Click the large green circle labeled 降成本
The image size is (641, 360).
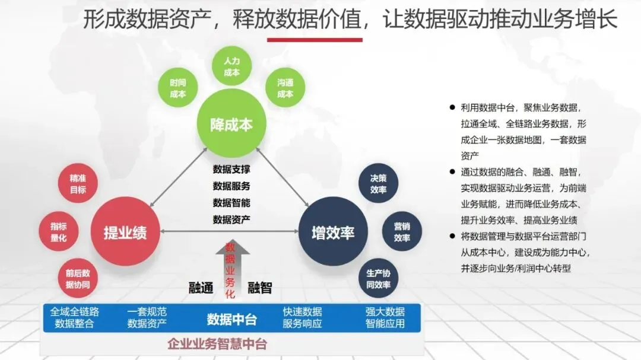(231, 124)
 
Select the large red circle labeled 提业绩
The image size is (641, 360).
(125, 232)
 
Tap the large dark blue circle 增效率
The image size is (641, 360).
(333, 232)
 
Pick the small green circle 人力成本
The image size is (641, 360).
(231, 67)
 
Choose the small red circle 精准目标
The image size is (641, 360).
(78, 184)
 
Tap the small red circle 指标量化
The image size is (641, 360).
(59, 232)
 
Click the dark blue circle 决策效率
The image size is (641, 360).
(378, 184)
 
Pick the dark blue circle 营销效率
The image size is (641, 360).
(402, 232)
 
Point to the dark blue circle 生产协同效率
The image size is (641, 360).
(378, 279)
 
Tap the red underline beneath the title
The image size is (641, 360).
(315, 40)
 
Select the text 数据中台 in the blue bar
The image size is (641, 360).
(231, 319)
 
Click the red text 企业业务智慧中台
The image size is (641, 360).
(217, 344)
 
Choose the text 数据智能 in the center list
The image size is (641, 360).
(231, 202)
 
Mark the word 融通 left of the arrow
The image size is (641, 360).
(201, 288)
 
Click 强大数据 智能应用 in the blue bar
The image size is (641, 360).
(385, 318)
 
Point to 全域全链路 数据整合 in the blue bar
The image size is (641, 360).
(75, 318)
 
